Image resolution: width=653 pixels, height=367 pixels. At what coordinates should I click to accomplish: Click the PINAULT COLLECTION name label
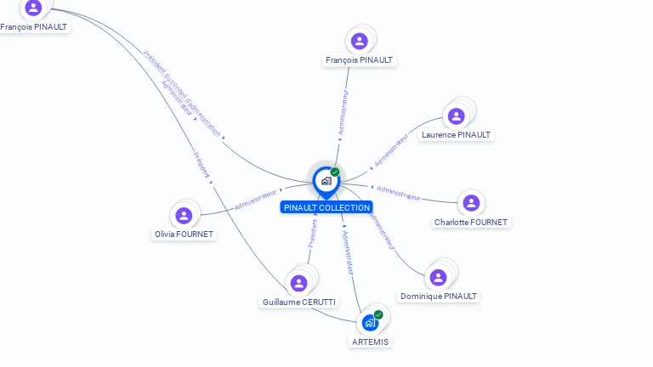coord(326,207)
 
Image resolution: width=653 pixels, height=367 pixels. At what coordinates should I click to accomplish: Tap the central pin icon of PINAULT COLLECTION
coord(326,181)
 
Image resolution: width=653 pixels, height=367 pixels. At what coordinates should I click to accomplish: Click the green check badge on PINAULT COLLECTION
coord(335,172)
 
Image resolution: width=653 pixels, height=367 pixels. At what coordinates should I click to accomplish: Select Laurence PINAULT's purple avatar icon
coord(457,116)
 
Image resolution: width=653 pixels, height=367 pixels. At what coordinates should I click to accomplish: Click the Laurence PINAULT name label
coord(456,135)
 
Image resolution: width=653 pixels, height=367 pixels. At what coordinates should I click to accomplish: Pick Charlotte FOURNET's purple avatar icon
coord(471,203)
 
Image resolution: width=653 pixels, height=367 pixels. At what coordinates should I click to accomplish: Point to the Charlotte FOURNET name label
coord(470,223)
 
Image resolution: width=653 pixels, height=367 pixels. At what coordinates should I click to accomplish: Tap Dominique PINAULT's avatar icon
coord(438,278)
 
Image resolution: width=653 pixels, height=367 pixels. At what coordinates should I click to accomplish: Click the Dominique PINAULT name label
coord(439,296)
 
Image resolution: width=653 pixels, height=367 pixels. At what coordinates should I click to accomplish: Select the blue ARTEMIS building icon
coord(370,323)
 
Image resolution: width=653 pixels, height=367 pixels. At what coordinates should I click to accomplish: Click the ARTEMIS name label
coord(370,342)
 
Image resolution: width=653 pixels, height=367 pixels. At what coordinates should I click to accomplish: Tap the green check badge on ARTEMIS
coord(378,315)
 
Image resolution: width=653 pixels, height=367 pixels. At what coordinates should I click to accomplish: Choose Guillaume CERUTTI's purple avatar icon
coord(298,283)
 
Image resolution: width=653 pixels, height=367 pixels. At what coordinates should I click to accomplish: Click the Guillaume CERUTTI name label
coord(298,302)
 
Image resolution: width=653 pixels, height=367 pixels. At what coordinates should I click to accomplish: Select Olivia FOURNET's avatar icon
coord(184,216)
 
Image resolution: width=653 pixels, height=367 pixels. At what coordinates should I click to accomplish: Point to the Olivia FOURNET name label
coord(184,234)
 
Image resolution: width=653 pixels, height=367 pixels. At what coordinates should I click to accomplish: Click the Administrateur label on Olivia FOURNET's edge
coord(257,200)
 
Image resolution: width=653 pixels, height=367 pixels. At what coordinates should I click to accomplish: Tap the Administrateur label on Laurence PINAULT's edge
coord(392,148)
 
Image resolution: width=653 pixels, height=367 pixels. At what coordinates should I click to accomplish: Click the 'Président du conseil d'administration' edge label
coord(182,93)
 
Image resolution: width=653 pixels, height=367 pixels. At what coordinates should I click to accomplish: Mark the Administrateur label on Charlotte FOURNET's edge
coord(398,193)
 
